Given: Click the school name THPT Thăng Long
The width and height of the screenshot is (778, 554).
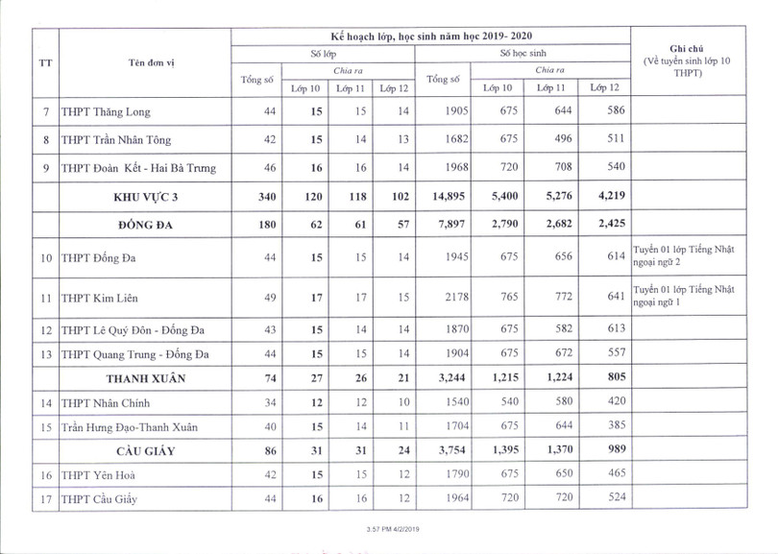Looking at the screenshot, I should [x=106, y=112].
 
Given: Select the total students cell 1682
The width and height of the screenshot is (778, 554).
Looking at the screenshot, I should [x=450, y=140].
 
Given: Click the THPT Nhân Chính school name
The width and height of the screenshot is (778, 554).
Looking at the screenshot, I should [x=106, y=403].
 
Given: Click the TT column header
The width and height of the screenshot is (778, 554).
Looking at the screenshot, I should [x=45, y=63].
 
